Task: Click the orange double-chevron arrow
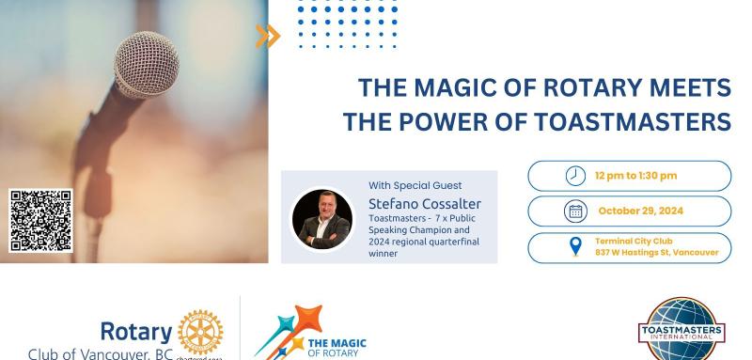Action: click(x=268, y=36)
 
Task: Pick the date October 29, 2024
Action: click(x=638, y=211)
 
